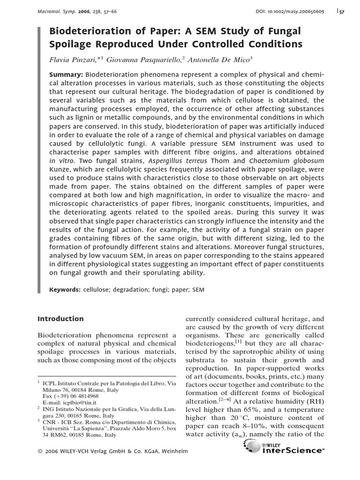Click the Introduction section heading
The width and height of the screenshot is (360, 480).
(x=60, y=319)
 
